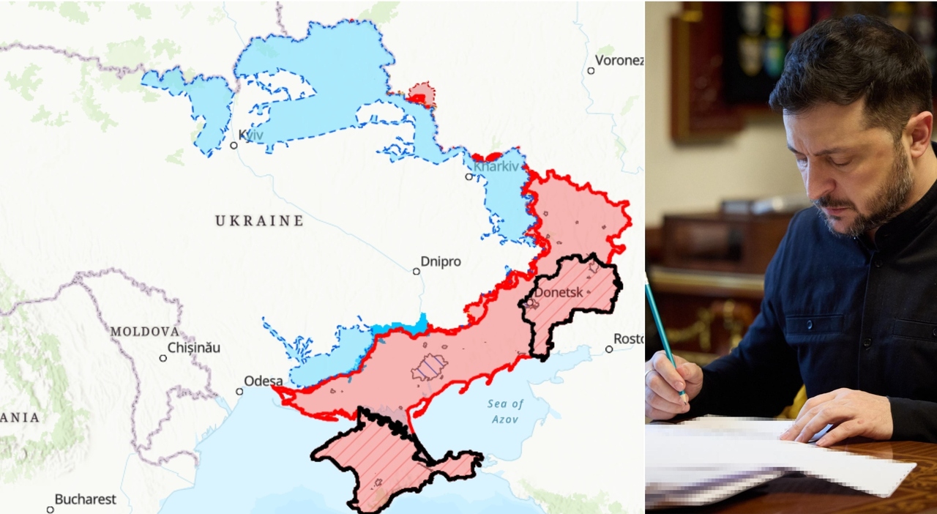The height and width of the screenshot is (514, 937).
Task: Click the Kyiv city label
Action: [251, 135]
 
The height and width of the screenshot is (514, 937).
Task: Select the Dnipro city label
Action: [441, 261]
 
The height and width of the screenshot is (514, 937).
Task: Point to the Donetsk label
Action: [559, 292]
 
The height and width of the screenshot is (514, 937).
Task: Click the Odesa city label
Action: [263, 381]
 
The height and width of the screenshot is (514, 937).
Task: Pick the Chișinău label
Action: [194, 348]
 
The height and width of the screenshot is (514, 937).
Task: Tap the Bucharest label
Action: [85, 499]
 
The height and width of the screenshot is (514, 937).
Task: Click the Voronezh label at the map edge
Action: [619, 60]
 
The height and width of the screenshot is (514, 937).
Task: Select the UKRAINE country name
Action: [259, 220]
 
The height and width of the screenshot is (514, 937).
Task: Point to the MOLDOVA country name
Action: [145, 332]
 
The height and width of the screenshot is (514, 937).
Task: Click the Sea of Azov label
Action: [506, 411]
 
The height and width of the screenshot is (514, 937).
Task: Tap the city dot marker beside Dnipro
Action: [416, 271]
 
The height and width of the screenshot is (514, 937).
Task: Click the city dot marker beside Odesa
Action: [239, 391]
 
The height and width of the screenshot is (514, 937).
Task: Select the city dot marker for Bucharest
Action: [50, 509]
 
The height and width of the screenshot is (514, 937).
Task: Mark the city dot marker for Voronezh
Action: [591, 70]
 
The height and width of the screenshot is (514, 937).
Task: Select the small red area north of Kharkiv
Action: [422, 94]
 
